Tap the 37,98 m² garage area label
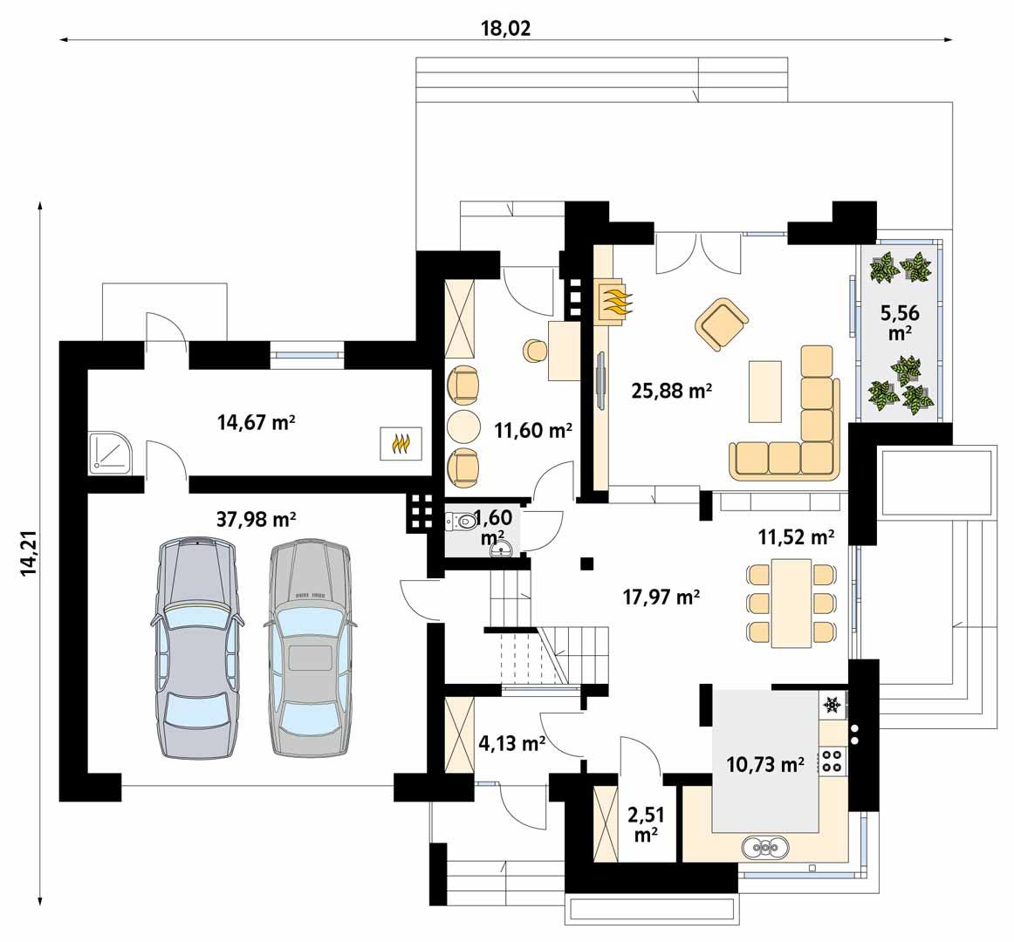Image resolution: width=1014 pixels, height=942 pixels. (x=256, y=520)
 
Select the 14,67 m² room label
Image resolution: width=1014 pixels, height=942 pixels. (x=256, y=423)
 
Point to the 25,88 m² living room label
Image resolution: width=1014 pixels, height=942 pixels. (x=672, y=392)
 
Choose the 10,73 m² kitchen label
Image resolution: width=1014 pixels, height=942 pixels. (x=765, y=765)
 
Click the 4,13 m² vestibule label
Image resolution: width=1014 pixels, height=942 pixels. (x=512, y=743)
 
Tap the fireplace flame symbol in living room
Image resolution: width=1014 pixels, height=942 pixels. (x=618, y=301)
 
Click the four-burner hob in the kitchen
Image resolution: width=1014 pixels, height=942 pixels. (x=832, y=761)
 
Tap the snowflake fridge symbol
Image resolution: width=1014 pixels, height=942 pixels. (x=832, y=703)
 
